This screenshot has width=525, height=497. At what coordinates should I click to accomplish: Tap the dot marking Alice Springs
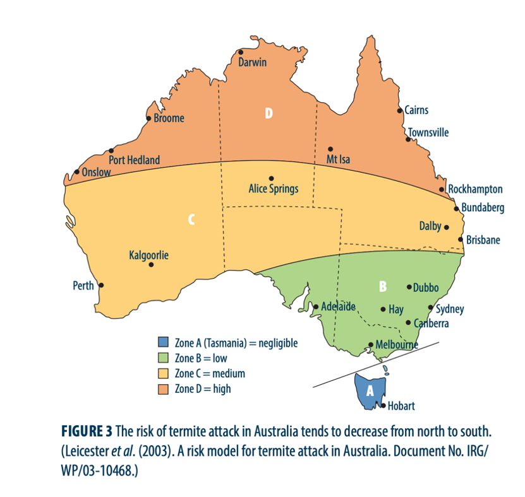tap(272, 178)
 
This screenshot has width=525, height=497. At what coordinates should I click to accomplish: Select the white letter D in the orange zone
tap(269, 114)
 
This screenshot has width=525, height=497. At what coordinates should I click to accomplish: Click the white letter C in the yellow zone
tap(191, 220)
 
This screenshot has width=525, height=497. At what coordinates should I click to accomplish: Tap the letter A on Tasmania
tap(371, 390)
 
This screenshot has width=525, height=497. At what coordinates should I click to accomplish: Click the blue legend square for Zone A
tap(163, 342)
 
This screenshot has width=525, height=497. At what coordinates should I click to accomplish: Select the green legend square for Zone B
tap(163, 358)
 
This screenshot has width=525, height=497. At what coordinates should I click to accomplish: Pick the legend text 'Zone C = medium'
tap(210, 373)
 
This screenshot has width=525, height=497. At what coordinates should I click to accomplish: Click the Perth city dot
tap(101, 285)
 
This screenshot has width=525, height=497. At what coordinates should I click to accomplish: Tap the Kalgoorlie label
tap(148, 255)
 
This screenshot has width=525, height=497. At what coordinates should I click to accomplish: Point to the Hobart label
tap(401, 406)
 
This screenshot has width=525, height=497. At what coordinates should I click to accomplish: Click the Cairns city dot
tap(400, 110)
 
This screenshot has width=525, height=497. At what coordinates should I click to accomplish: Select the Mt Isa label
tap(337, 160)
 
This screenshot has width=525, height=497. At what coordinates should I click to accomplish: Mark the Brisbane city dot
tap(461, 239)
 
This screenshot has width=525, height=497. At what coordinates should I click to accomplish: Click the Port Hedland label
tap(134, 160)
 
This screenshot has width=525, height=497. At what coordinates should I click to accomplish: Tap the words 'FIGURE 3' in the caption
tap(87, 431)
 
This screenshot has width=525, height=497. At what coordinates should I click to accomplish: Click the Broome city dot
tap(149, 118)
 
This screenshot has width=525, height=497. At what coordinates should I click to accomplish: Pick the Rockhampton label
tap(475, 189)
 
